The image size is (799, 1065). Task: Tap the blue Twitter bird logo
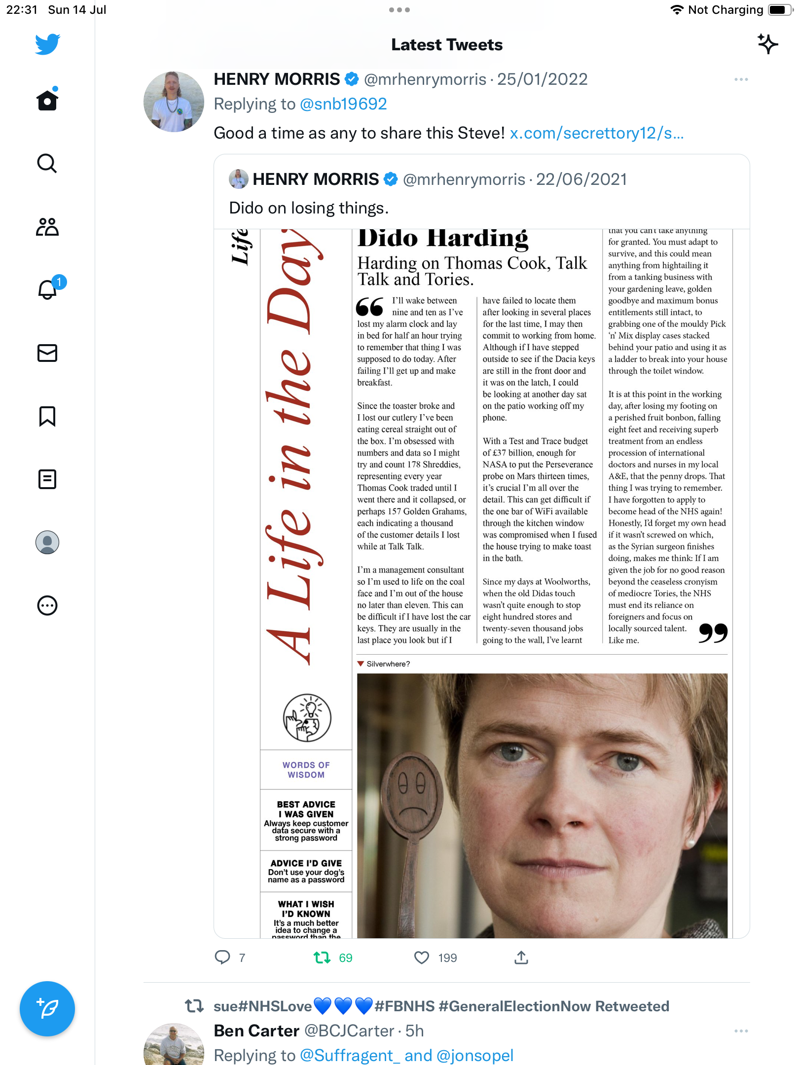47,44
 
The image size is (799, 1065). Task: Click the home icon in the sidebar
47,100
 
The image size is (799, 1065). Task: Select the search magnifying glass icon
47,163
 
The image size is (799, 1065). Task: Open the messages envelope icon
47,353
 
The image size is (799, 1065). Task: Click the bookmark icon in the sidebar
47,416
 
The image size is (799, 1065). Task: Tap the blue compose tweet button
47,1008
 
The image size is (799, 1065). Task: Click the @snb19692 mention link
343,104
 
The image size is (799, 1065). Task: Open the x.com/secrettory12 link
596,133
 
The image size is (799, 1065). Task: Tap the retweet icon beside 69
322,958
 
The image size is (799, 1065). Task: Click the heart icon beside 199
422,958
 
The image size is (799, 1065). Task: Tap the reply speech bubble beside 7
222,958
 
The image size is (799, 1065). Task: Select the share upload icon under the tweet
521,958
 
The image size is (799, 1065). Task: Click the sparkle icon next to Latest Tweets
767,44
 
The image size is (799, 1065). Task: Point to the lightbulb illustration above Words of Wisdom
307,717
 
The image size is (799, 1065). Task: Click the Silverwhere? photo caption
388,664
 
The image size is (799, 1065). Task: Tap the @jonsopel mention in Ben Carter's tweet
474,1056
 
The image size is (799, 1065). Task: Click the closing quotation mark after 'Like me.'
713,633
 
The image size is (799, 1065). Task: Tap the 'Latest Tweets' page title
447,45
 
